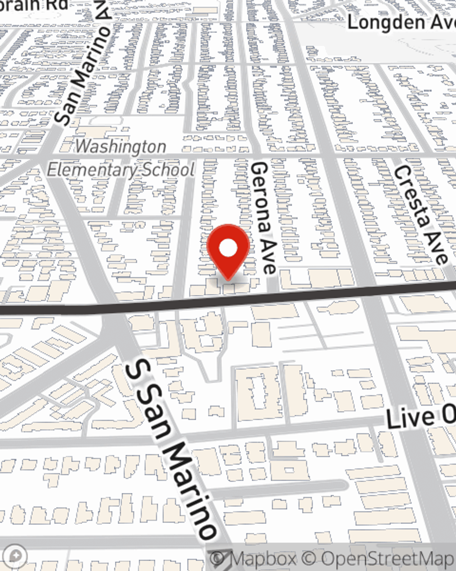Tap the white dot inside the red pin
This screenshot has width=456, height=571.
click(x=228, y=248)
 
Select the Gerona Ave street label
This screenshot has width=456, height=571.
click(x=264, y=217)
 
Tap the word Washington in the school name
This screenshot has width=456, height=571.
click(x=121, y=147)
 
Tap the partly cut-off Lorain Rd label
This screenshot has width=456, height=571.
click(x=34, y=5)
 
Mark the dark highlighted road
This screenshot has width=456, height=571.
click(x=319, y=295)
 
